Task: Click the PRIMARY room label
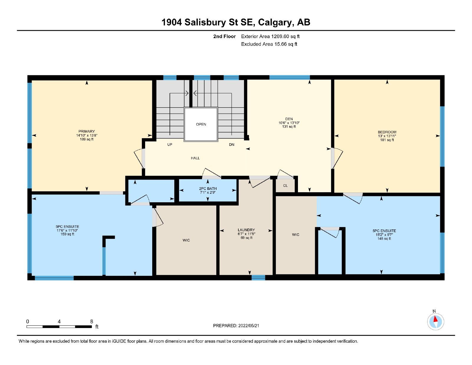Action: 86,131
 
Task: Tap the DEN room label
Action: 289,119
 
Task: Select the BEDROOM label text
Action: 387,132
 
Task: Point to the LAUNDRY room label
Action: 246,230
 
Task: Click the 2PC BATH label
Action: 208,188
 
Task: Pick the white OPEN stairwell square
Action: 201,124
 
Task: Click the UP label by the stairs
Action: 170,145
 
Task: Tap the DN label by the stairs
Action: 232,145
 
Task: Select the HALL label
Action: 195,158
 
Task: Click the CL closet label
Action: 285,185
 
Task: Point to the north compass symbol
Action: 435,322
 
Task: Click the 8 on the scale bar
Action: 91,321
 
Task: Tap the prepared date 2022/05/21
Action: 248,326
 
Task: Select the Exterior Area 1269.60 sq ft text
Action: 270,36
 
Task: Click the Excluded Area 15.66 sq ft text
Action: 269,44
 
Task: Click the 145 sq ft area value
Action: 384,239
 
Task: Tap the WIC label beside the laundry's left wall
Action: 186,240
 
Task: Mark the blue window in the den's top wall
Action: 289,77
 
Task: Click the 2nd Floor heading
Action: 224,36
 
